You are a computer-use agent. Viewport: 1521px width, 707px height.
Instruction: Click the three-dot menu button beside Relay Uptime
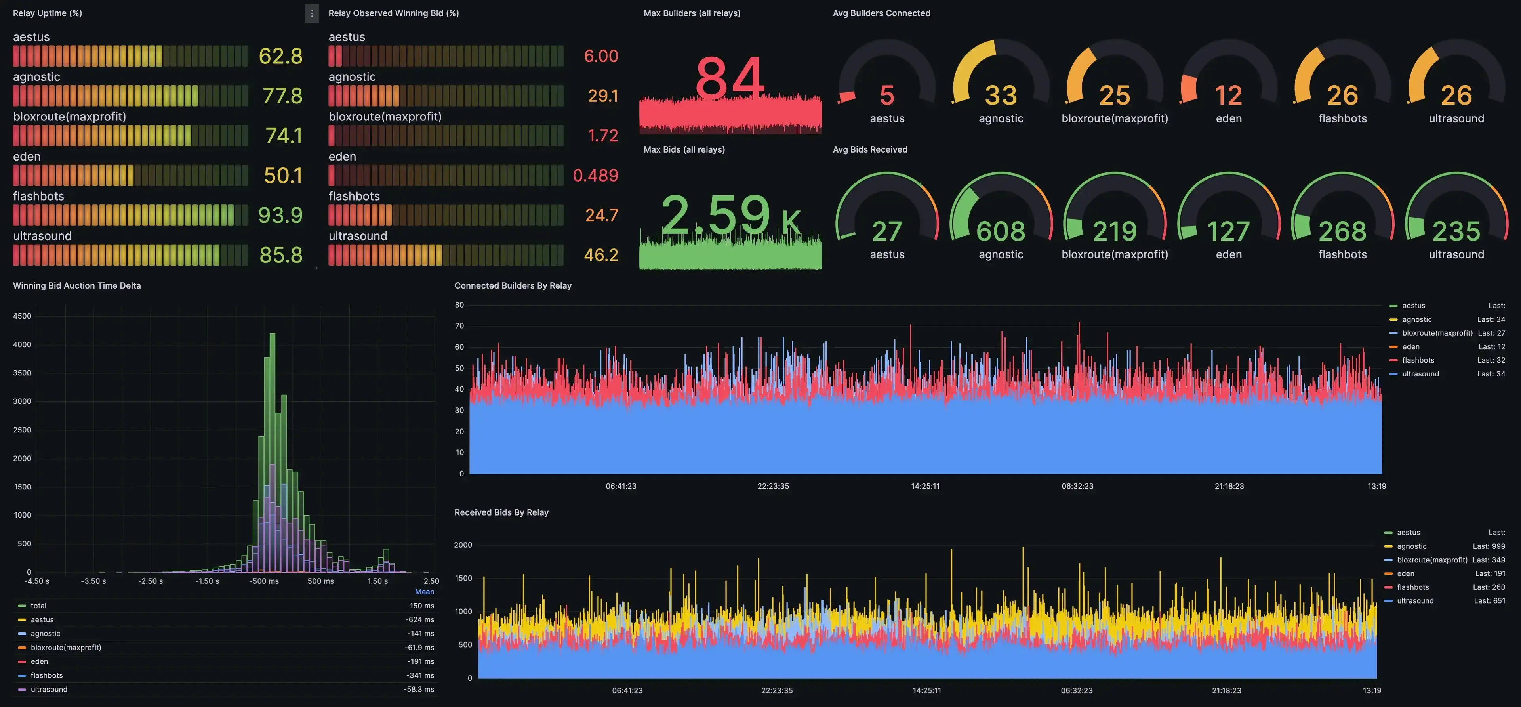312,13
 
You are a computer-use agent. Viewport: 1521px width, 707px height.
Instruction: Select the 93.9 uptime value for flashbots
280,215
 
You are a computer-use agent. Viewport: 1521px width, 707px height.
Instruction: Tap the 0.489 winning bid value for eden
595,176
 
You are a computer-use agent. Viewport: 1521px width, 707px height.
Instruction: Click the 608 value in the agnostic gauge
1001,231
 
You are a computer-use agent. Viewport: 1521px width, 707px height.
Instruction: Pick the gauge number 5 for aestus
887,95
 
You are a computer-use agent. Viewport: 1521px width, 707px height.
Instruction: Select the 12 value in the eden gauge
1228,95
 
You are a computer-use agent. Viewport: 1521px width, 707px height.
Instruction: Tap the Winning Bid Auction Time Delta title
77,285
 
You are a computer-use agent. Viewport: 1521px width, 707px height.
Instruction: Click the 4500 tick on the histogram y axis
22,316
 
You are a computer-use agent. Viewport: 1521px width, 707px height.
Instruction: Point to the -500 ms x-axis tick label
264,581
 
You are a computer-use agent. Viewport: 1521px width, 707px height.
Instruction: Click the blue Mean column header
425,592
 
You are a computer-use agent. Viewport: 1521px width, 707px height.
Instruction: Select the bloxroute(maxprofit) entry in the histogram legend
65,647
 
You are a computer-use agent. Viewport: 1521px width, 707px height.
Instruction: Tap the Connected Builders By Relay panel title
513,285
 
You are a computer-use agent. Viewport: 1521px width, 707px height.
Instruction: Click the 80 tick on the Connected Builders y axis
459,305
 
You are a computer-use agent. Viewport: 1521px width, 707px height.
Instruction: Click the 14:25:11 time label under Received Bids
926,690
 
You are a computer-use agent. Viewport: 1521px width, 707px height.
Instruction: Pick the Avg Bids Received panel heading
870,149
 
